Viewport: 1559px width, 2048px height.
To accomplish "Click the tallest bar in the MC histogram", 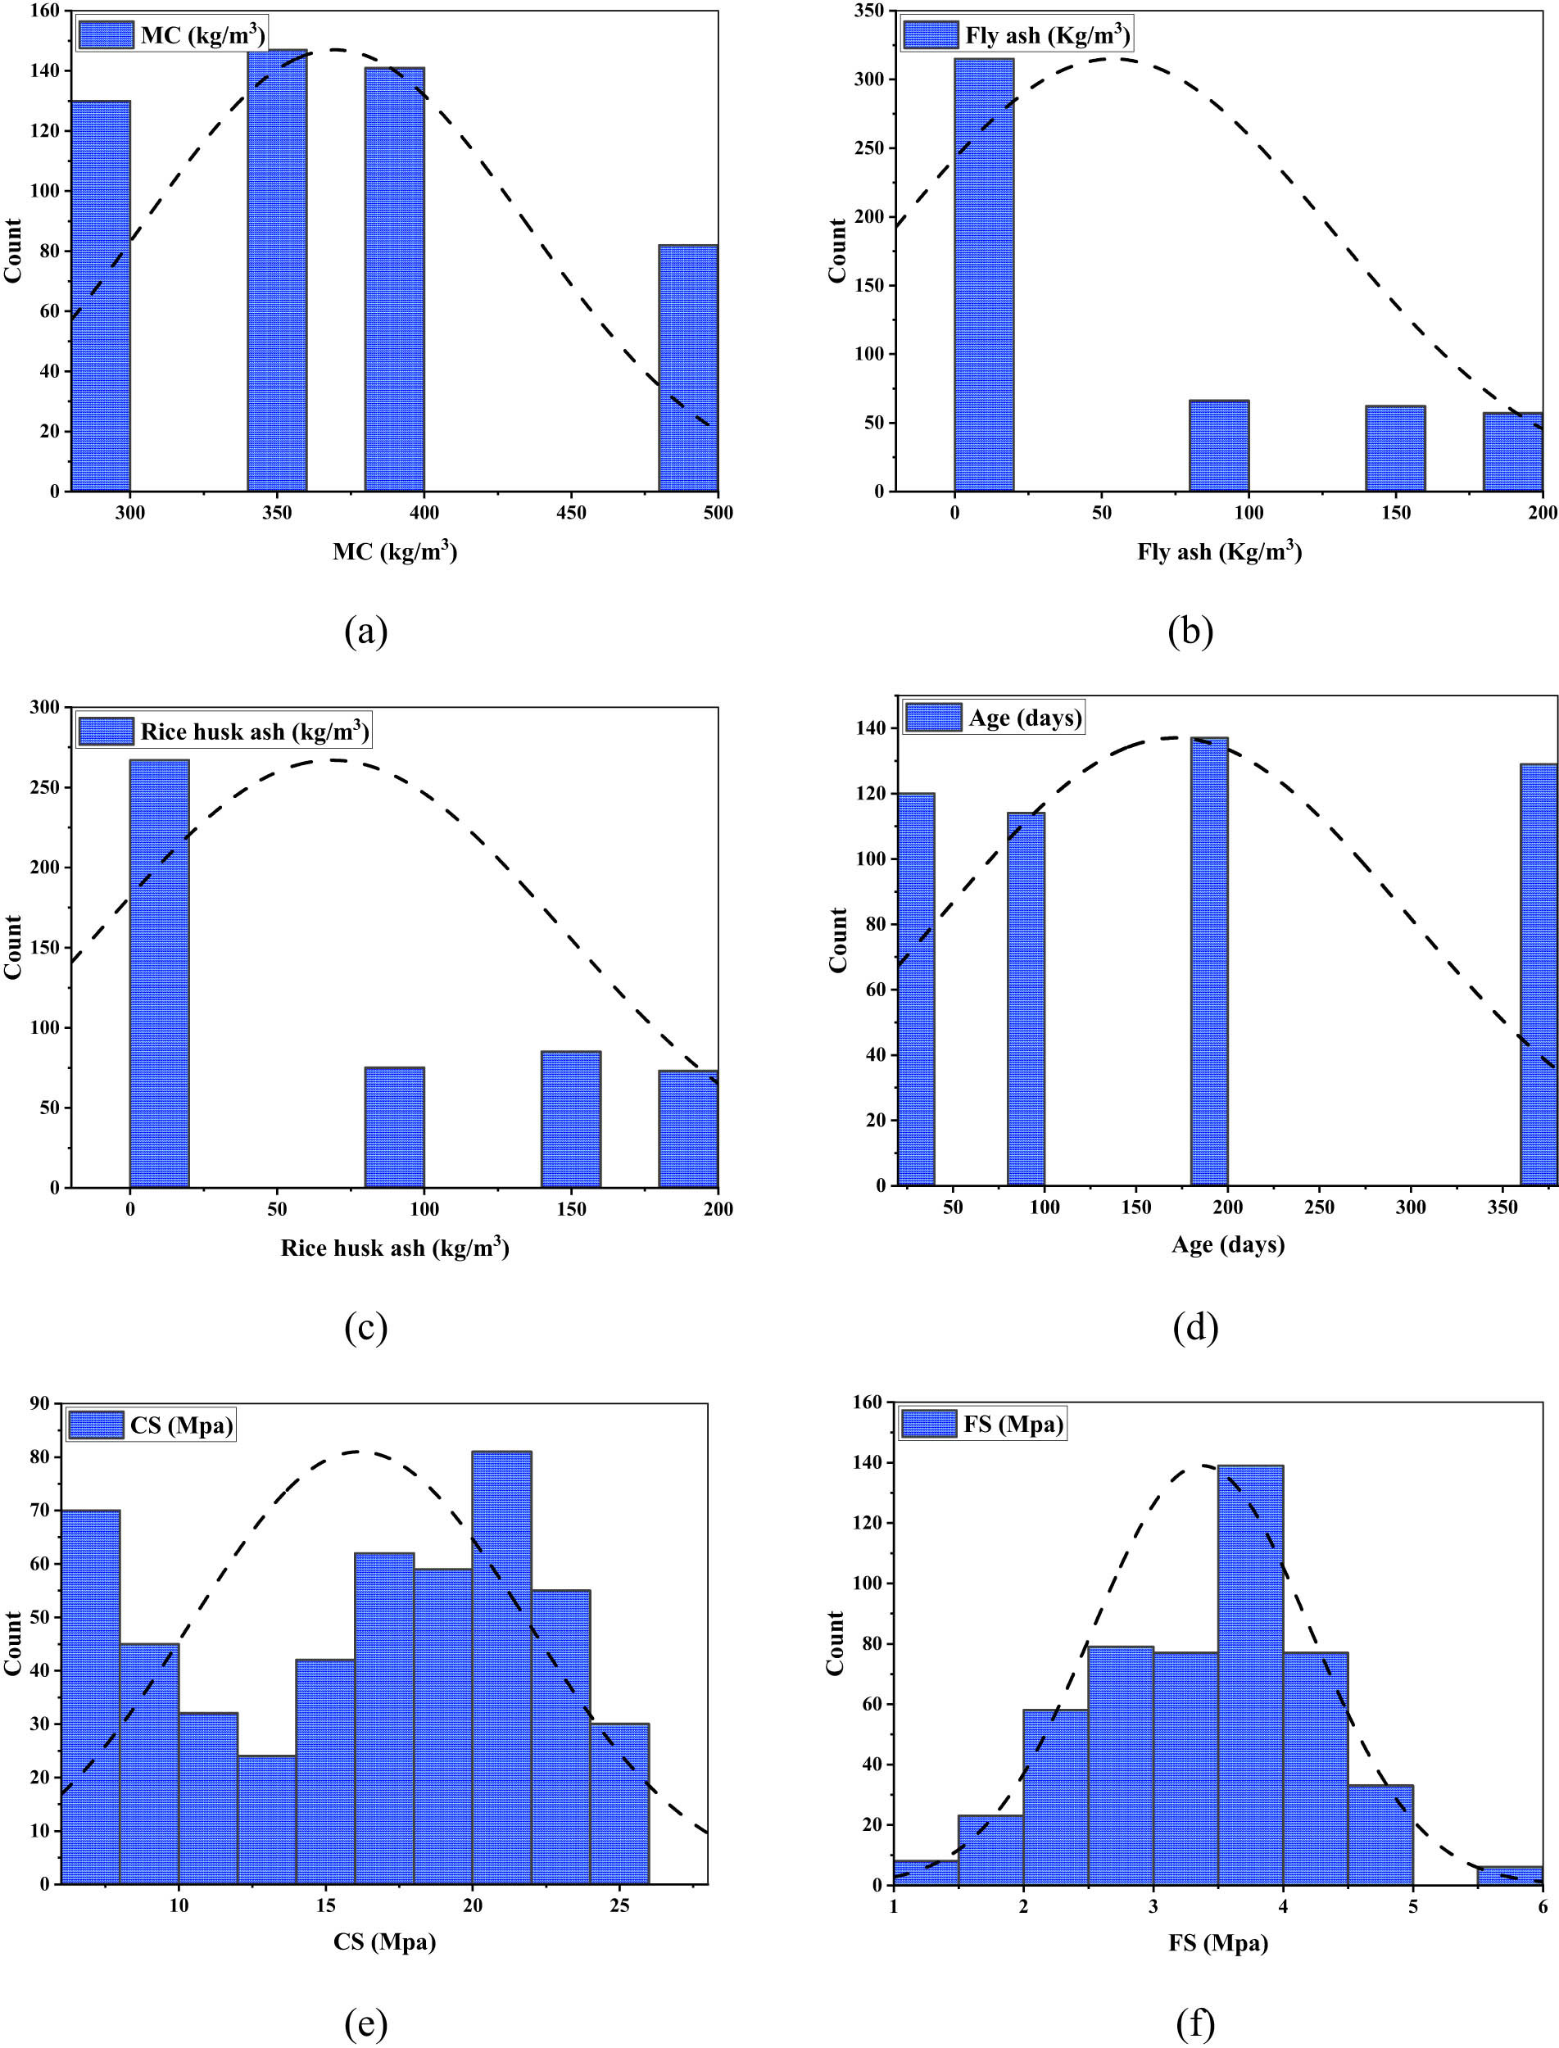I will click(x=277, y=270).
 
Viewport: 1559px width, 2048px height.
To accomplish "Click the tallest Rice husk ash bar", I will click(x=159, y=973).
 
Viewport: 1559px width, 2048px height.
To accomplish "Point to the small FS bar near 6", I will click(x=1509, y=1875).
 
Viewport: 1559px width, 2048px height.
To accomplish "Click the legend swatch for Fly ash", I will click(x=930, y=35).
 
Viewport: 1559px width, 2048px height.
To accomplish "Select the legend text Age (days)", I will click(x=1025, y=718).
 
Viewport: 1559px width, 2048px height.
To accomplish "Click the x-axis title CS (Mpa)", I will click(x=384, y=1942).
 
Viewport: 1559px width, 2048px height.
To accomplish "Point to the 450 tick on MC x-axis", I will click(x=571, y=512).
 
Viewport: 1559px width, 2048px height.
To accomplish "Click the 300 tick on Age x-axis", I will click(x=1410, y=1208).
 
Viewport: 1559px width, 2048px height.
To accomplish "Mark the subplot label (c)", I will click(x=365, y=1328).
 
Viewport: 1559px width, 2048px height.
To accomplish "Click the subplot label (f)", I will click(x=1194, y=2024).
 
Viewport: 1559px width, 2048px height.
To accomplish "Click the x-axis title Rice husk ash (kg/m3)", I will click(x=394, y=1247).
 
